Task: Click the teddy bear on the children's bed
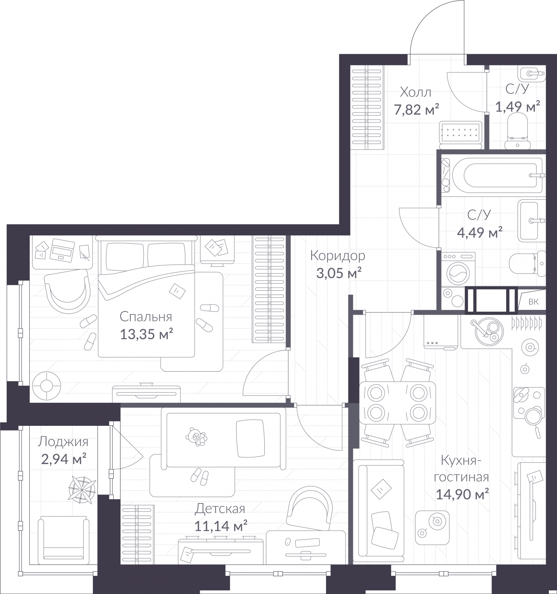pyautogui.click(x=196, y=437)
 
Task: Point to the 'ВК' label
pyautogui.click(x=533, y=302)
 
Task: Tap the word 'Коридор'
pyautogui.click(x=338, y=256)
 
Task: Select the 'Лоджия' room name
pyautogui.click(x=63, y=442)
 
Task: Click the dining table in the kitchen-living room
pyautogui.click(x=397, y=402)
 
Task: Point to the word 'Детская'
pyautogui.click(x=220, y=509)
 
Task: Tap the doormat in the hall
pyautogui.click(x=460, y=132)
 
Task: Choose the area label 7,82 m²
pyautogui.click(x=417, y=110)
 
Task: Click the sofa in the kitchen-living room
pyautogui.click(x=378, y=510)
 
